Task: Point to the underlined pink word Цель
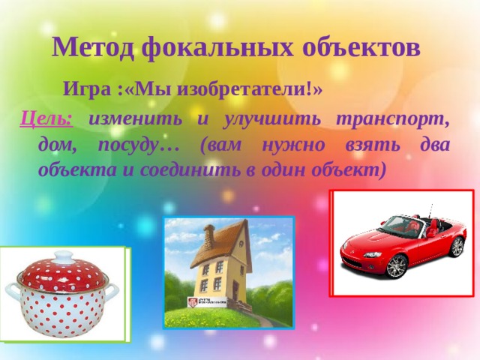pyautogui.click(x=46, y=118)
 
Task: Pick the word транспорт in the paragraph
pyautogui.click(x=393, y=118)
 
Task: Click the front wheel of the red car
pyautogui.click(x=395, y=265)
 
